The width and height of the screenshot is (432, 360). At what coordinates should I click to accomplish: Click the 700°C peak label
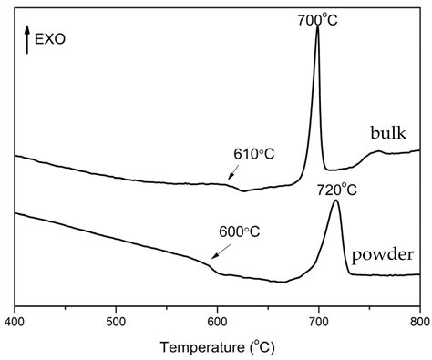(x=319, y=17)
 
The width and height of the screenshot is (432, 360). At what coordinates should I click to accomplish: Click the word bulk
(x=388, y=134)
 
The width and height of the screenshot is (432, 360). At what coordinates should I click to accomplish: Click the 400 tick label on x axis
(x=15, y=322)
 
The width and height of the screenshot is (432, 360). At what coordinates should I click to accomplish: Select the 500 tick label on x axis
(x=116, y=322)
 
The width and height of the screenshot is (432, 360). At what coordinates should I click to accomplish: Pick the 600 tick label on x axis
(x=217, y=322)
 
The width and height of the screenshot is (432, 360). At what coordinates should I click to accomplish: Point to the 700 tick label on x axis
(x=318, y=322)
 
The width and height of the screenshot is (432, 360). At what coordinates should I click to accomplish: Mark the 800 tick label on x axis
(x=418, y=322)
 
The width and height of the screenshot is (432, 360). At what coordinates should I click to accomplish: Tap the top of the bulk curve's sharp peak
(x=317, y=27)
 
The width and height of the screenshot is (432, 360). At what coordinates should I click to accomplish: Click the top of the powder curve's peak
(x=335, y=201)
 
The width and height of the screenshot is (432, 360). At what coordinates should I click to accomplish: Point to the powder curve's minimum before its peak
(x=283, y=282)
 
